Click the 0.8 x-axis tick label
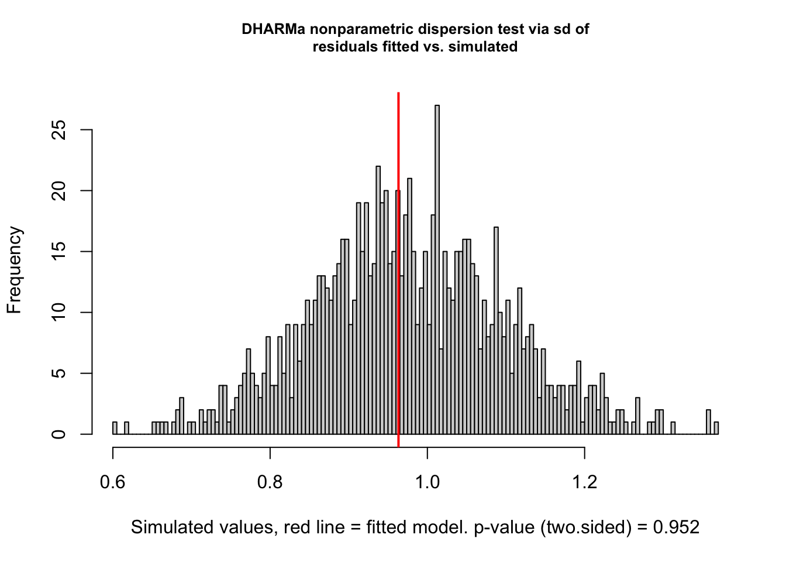(270, 482)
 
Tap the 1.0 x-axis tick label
(428, 482)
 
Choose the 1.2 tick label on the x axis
(585, 482)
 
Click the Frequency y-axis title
(14, 270)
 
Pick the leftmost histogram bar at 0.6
(115, 429)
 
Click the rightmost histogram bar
(716, 429)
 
